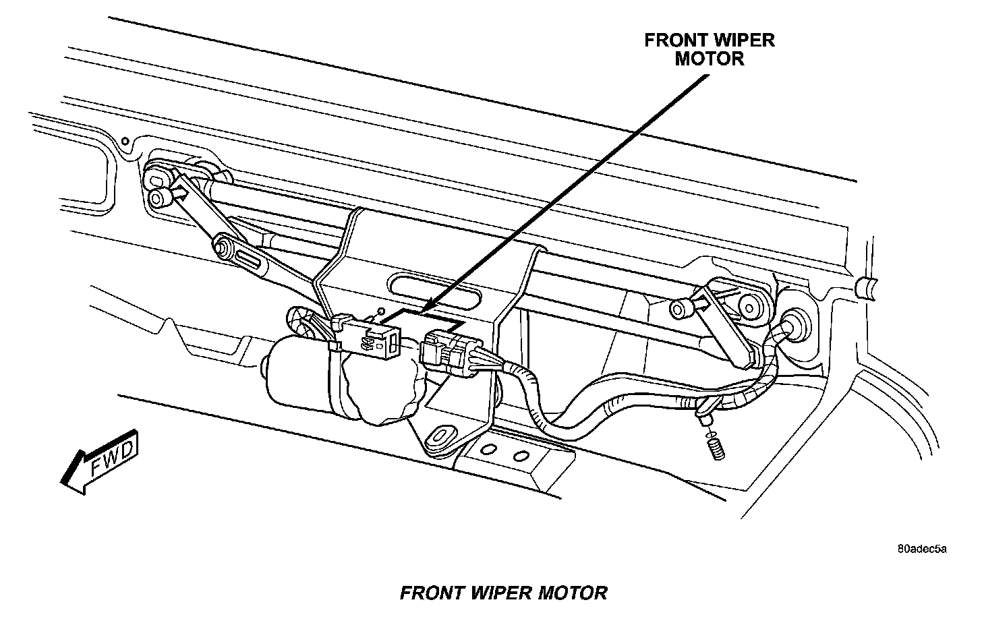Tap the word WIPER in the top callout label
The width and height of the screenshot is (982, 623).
tap(744, 40)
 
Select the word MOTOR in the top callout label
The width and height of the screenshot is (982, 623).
tap(710, 59)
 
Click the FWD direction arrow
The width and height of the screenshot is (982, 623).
tap(101, 462)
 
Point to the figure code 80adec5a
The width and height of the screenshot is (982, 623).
tap(921, 549)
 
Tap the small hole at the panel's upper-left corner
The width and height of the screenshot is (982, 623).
tap(125, 141)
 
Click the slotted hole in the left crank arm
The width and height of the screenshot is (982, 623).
tap(247, 259)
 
